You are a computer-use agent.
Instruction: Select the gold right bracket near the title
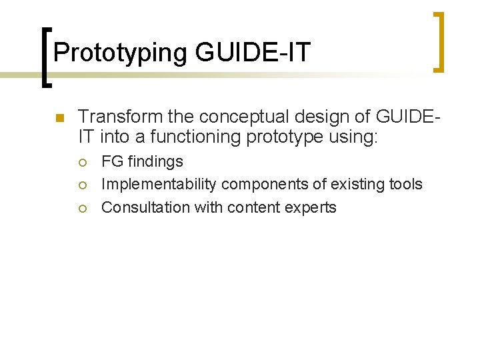point(439,41)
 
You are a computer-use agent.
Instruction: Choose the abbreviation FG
point(112,161)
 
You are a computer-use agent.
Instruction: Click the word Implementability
point(159,184)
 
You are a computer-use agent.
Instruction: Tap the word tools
point(405,184)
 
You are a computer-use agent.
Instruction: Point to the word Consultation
point(145,207)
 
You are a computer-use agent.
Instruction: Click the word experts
point(312,207)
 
